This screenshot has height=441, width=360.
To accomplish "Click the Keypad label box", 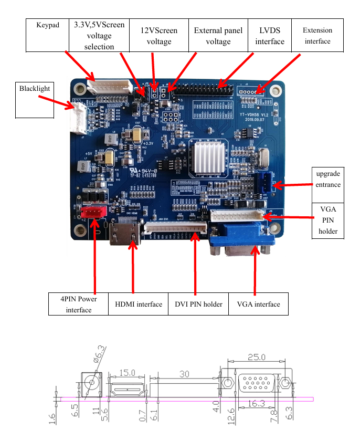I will (48, 25).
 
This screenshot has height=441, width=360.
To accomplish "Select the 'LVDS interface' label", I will (270, 36).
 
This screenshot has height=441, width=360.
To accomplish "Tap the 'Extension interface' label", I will (317, 36).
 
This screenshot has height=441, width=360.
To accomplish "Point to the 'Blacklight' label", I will (35, 89).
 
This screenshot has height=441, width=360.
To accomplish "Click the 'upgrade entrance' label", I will (328, 179).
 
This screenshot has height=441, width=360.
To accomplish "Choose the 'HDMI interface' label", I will (139, 304).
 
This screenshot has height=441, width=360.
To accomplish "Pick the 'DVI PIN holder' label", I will (198, 304).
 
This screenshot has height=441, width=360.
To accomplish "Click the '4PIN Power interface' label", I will (78, 304).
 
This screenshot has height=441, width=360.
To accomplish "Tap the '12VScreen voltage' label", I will (159, 36).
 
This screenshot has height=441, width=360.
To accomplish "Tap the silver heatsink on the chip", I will (210, 157).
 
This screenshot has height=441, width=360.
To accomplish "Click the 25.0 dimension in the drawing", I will (257, 358).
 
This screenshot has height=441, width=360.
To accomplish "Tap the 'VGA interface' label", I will (258, 304).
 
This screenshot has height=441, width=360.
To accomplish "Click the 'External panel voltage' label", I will (218, 36).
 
